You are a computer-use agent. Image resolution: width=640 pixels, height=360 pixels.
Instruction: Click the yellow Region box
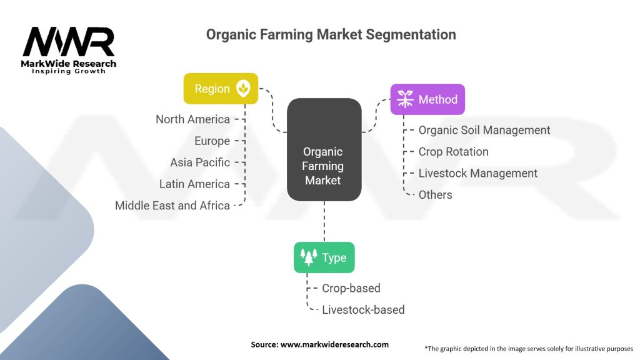221,89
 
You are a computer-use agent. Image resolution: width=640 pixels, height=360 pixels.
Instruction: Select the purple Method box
427,99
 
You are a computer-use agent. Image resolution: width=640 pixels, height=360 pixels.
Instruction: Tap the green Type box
324,257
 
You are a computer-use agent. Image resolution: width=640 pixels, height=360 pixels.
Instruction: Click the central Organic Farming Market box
324,150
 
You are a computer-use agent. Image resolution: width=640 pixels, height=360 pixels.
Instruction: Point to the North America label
192,119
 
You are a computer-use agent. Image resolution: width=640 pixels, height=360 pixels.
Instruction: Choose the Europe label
212,141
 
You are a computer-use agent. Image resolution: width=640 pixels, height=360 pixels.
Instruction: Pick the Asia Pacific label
200,162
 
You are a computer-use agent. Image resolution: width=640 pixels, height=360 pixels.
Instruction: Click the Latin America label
194,184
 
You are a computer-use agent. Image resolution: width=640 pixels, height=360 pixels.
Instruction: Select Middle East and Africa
172,206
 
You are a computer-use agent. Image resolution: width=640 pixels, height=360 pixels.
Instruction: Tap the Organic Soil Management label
484,130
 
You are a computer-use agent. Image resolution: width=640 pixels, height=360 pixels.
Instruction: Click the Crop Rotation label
453,152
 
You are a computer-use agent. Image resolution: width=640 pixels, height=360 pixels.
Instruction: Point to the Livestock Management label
477,173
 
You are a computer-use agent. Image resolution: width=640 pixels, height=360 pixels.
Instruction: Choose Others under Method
435,195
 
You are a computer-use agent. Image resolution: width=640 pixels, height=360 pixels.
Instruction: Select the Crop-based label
351,288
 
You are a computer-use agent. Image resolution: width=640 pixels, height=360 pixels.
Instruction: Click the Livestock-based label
363,310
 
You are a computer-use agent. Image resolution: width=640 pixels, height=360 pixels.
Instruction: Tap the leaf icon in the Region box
243,89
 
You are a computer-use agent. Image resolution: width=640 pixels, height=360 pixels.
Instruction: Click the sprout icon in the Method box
405,99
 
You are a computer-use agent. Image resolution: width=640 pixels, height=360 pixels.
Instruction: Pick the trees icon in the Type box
309,257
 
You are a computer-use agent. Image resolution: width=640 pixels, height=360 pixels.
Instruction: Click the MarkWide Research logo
69,50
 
